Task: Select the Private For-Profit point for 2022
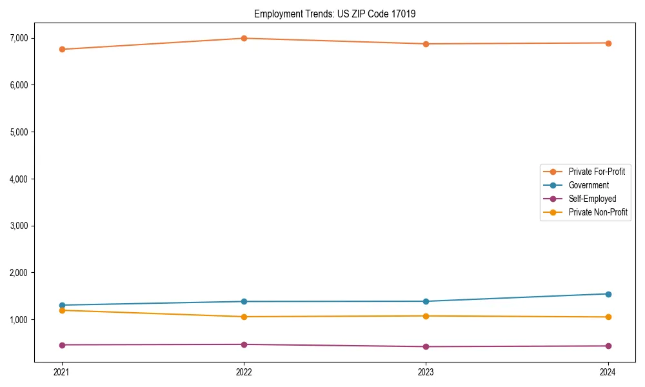(244, 38)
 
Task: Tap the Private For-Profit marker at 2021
(62, 49)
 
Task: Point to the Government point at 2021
(62, 305)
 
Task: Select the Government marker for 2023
(426, 301)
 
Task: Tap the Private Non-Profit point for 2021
(62, 310)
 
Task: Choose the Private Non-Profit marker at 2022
(244, 317)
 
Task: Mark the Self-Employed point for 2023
(426, 346)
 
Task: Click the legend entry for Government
(588, 185)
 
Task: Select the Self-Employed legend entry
(592, 199)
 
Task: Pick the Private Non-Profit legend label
(598, 212)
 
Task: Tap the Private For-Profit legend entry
(597, 172)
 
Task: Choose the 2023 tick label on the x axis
(426, 372)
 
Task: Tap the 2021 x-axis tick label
(62, 372)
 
